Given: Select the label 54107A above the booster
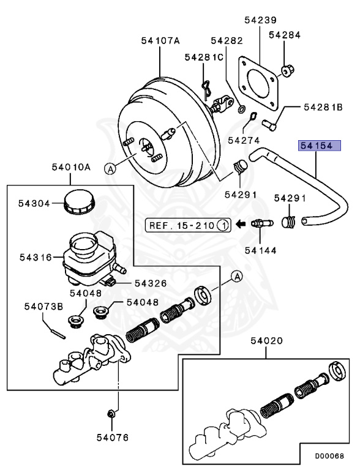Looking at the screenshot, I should (160, 41).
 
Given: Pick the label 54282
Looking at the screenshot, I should (227, 41).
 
